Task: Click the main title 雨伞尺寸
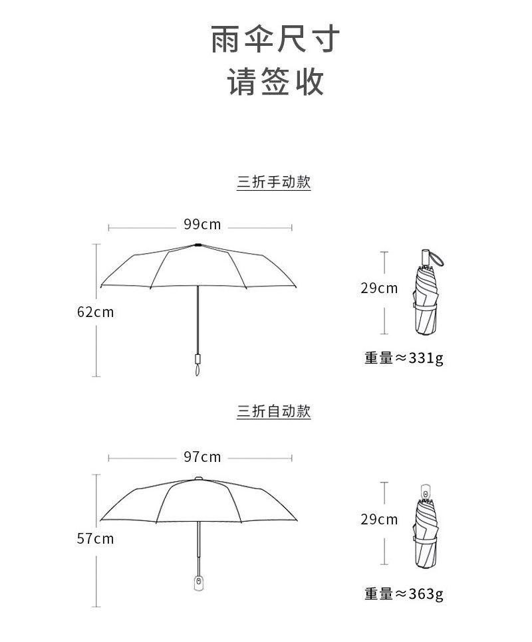coord(275,40)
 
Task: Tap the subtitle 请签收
coord(275,82)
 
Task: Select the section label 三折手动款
coord(274,183)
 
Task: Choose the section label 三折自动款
coord(274,412)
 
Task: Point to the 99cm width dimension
coord(202,225)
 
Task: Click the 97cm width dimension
coord(202,457)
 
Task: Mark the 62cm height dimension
coord(96,312)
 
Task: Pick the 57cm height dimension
coord(96,539)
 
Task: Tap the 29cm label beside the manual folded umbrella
coord(379,288)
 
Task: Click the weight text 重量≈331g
coord(404,359)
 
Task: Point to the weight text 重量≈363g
coord(404,593)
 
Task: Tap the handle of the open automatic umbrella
coord(198,582)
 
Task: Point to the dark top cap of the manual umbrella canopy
coord(198,246)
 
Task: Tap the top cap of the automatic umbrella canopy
coord(198,478)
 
